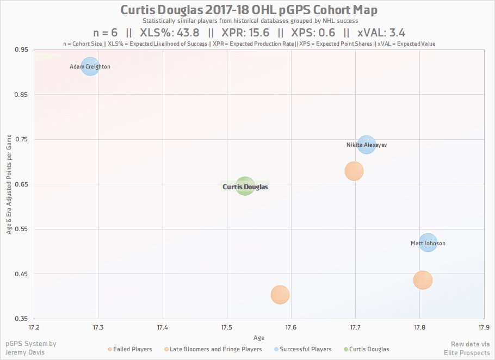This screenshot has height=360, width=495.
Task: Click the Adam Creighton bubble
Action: [90, 66]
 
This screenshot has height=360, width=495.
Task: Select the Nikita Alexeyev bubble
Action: [367, 145]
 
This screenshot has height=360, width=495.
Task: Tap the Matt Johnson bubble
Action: [428, 243]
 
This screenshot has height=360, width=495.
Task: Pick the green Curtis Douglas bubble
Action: [245, 187]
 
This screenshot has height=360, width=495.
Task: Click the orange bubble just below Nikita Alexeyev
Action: [354, 171]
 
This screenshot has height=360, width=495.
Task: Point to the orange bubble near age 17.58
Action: [280, 295]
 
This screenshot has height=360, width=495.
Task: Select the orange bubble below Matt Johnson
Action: [423, 280]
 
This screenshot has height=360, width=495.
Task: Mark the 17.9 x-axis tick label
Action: [484, 327]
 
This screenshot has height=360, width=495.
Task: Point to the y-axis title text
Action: [9, 184]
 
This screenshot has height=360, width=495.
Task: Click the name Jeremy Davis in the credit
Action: [27, 352]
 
